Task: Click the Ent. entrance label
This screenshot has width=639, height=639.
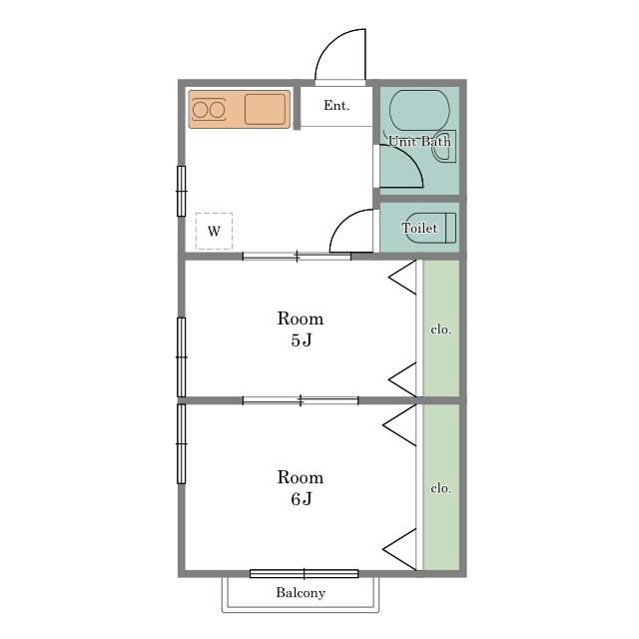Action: (336, 106)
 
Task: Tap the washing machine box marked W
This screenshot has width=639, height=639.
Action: (214, 231)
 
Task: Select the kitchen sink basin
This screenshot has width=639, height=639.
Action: (265, 109)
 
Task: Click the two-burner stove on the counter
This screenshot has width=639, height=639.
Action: (209, 110)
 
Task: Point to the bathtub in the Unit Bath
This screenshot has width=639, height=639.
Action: (419, 109)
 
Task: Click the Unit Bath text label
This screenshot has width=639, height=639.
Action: (419, 142)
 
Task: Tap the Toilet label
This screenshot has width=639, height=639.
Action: (419, 228)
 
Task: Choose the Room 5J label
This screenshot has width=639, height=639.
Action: (301, 328)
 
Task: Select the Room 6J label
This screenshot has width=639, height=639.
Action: (301, 488)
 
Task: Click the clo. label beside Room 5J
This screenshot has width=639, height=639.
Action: (441, 329)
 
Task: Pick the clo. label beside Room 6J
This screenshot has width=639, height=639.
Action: (441, 488)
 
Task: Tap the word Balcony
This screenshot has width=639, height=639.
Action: (301, 592)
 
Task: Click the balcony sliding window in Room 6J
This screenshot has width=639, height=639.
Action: (304, 574)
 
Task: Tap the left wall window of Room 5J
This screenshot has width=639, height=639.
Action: (182, 357)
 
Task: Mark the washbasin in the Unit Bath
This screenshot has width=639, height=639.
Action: (444, 146)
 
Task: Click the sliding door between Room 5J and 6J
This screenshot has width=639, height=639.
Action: (301, 400)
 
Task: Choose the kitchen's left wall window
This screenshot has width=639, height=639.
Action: (182, 191)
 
